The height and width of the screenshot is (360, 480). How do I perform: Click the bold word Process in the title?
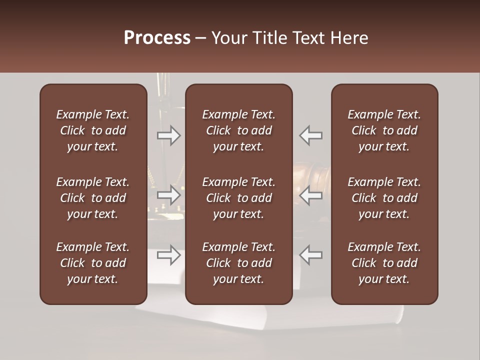tap(157, 38)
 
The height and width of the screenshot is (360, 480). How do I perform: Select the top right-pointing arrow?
tap(169, 135)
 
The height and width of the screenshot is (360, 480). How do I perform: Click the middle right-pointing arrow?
tap(169, 195)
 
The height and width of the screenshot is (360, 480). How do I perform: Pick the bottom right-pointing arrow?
tap(169, 255)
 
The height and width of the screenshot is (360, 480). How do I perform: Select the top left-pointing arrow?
tap(310, 135)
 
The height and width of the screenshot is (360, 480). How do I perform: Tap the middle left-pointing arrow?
tap(310, 195)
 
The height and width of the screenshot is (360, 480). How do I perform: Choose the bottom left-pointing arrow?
tap(310, 255)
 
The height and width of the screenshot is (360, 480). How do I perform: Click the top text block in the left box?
tap(93, 130)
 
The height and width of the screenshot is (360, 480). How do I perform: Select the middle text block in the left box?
tap(93, 198)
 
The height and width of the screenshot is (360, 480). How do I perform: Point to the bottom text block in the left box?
tap(93, 263)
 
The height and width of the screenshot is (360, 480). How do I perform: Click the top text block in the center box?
tap(238, 130)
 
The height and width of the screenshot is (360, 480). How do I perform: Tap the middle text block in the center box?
tap(238, 198)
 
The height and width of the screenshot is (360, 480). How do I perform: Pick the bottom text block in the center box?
tap(238, 263)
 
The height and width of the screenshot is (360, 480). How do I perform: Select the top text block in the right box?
tap(384, 130)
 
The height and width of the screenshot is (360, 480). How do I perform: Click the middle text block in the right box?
tap(384, 198)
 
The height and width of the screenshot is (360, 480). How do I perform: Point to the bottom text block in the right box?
tap(384, 263)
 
